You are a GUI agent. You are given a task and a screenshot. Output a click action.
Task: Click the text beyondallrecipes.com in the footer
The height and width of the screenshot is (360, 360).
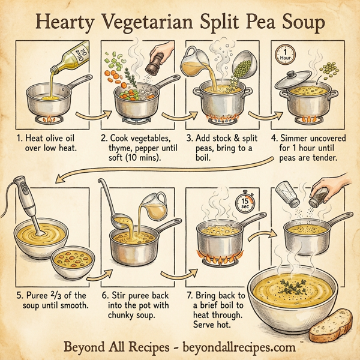[x=239, y=347]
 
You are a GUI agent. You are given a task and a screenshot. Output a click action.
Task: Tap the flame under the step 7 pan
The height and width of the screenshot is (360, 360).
[x=218, y=261]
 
